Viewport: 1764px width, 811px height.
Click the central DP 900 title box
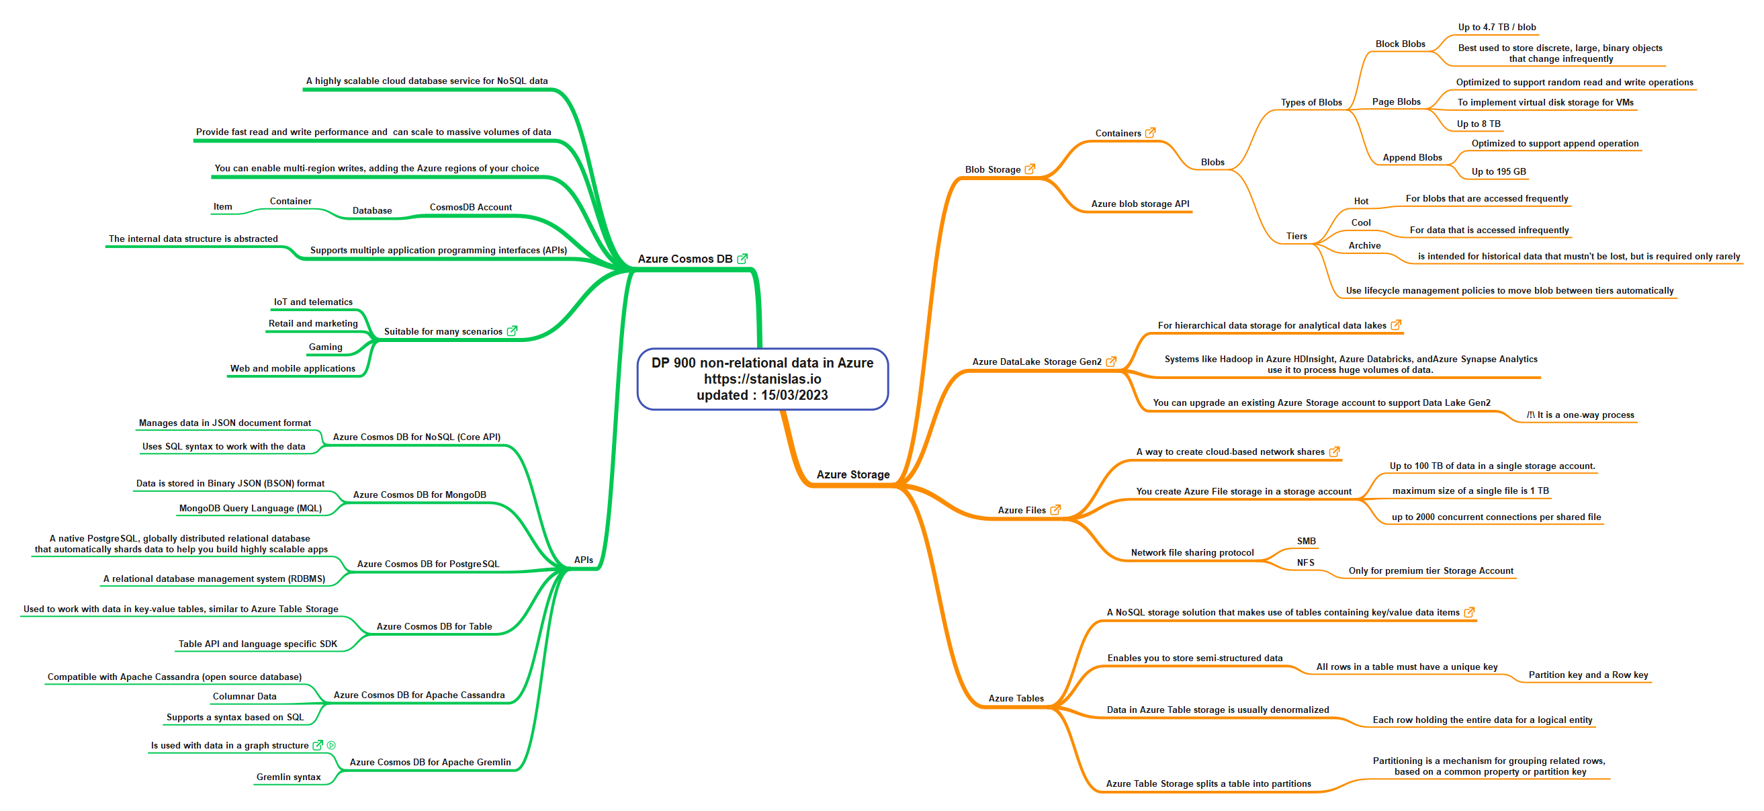(762, 379)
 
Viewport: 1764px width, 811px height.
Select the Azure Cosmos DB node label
(685, 259)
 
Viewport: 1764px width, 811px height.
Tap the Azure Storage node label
(852, 474)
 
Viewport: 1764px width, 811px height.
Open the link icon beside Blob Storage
(1030, 169)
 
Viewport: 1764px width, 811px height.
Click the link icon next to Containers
(1151, 132)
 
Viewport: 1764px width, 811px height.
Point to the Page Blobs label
(1397, 101)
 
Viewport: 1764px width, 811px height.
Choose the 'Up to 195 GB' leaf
(1498, 171)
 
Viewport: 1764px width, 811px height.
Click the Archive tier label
(1364, 245)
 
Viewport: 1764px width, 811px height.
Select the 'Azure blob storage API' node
(1140, 204)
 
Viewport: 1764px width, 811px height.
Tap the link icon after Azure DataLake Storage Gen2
(1112, 361)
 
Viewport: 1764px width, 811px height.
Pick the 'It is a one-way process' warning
(1580, 415)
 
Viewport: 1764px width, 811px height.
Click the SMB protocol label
(1306, 541)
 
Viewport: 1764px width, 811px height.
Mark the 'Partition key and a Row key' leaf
(1588, 675)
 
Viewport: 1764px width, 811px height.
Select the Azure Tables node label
(1016, 698)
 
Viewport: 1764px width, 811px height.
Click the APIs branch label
(584, 560)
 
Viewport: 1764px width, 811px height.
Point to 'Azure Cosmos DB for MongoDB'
(419, 495)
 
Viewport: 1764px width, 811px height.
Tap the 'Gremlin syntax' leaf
(288, 777)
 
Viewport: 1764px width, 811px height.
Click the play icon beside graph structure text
(331, 745)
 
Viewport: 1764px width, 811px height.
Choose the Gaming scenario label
(325, 347)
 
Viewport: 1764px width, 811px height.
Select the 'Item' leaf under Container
(222, 206)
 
